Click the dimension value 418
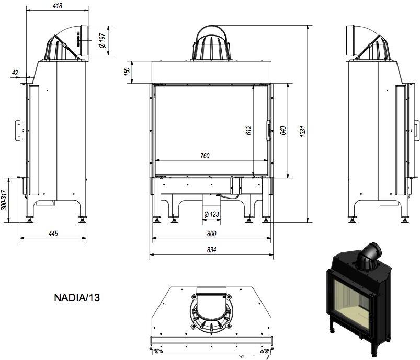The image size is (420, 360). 58,6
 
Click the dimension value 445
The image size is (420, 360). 53,233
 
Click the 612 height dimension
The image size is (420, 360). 248,130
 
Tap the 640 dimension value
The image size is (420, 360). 283,130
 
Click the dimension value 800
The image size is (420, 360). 211,234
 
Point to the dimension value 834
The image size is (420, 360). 211,250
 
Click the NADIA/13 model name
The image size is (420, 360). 77,298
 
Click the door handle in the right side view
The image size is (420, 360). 416,130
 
